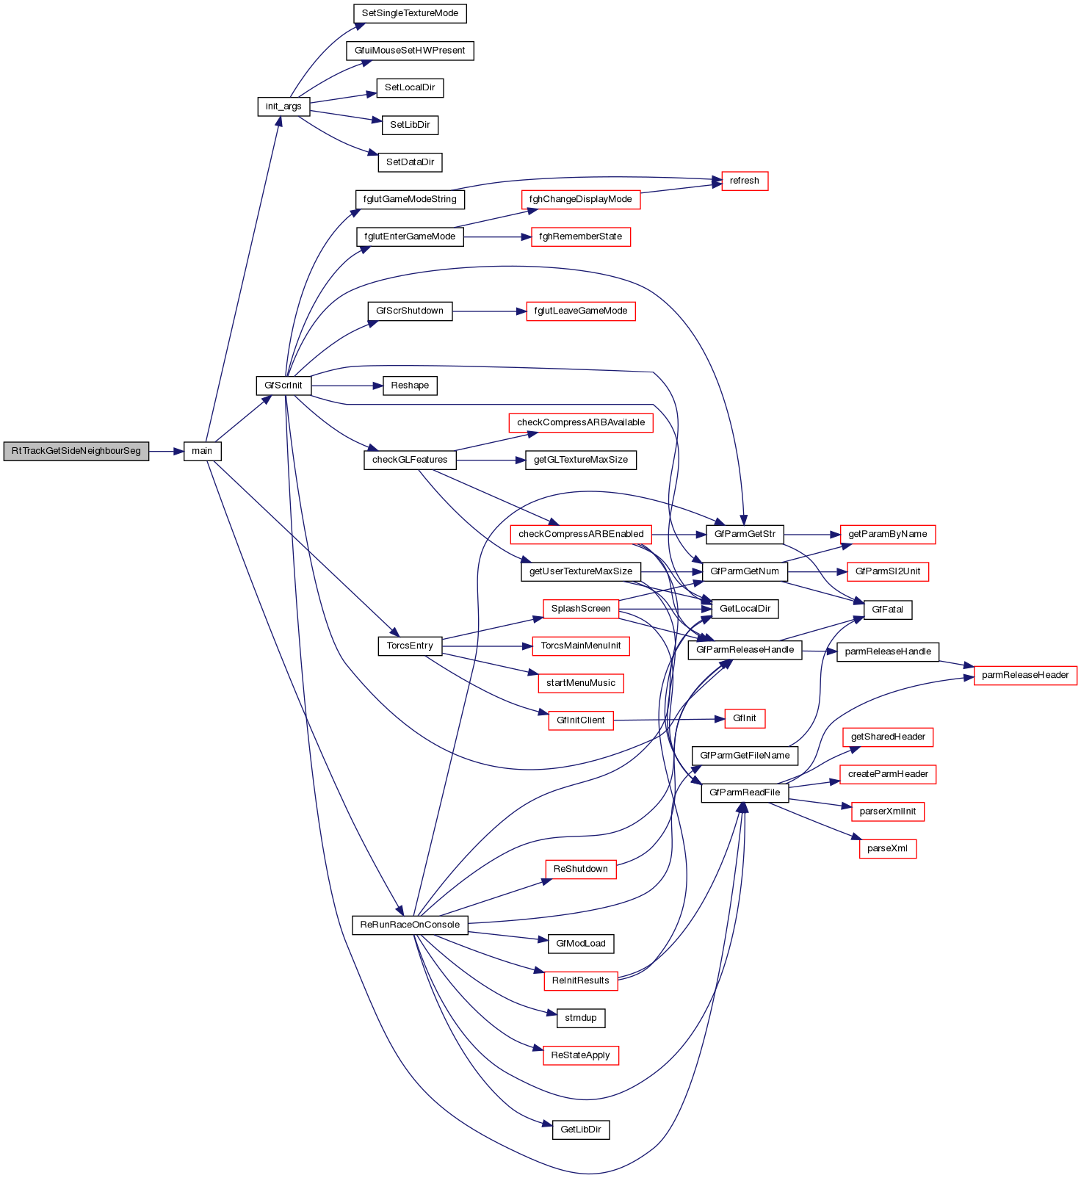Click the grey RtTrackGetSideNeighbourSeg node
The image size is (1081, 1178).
tap(76, 451)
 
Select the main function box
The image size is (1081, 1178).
tap(202, 451)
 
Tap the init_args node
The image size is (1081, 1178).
tap(283, 106)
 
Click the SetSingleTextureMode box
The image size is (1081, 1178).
tap(410, 13)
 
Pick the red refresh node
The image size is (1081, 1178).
tap(744, 181)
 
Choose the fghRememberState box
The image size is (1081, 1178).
tap(580, 236)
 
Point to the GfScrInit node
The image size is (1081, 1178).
tap(283, 385)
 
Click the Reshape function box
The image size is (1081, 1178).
tap(410, 386)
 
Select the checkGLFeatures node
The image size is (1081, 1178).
tap(410, 460)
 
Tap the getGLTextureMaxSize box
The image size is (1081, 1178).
tap(580, 460)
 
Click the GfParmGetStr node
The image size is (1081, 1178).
tap(745, 534)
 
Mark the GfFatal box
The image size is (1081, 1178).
tap(887, 610)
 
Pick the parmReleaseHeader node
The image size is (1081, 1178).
tap(1024, 675)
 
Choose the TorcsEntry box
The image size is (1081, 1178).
tap(410, 646)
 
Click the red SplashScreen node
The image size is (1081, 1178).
tap(580, 608)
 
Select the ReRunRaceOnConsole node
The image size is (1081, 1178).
tap(410, 925)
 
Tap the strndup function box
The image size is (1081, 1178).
tap(580, 1018)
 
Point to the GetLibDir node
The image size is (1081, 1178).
tap(580, 1130)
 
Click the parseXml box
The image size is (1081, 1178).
tap(887, 849)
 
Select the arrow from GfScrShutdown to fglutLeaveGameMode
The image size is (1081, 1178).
tap(489, 311)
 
